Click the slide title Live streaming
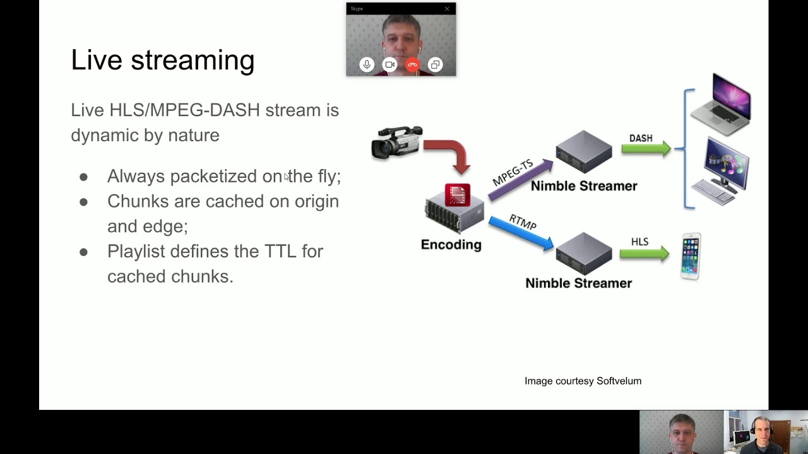point(162,60)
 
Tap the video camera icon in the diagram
point(396,142)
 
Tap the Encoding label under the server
point(451,245)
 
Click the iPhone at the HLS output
point(691,256)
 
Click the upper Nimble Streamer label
point(584,186)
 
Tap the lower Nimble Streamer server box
point(584,252)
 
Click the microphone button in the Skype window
point(367,64)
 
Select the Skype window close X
point(447,9)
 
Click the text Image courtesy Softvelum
point(583,381)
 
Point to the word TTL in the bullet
point(280,251)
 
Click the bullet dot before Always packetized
point(83,177)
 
